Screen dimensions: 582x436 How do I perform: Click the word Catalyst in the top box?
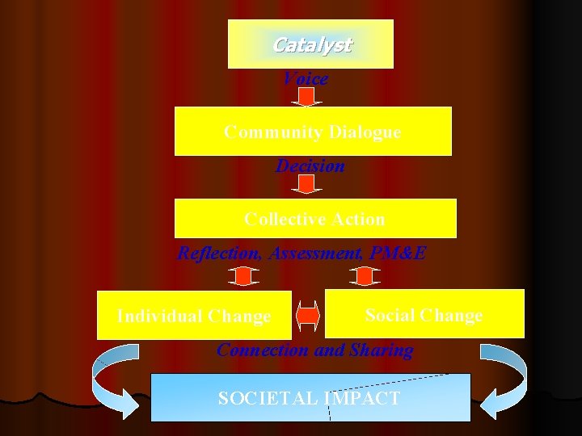311,45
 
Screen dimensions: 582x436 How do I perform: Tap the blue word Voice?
306,79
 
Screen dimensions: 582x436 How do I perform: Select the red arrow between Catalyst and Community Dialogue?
306,98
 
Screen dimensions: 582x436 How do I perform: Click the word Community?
264,132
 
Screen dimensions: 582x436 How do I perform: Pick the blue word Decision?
310,166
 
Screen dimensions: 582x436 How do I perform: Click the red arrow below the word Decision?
306,185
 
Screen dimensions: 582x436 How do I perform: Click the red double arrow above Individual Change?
242,276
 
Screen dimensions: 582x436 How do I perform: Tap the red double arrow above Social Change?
365,276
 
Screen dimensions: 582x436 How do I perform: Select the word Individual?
155,317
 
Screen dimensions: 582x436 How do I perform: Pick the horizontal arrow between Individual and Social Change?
308,316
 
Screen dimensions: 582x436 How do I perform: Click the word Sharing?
381,350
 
